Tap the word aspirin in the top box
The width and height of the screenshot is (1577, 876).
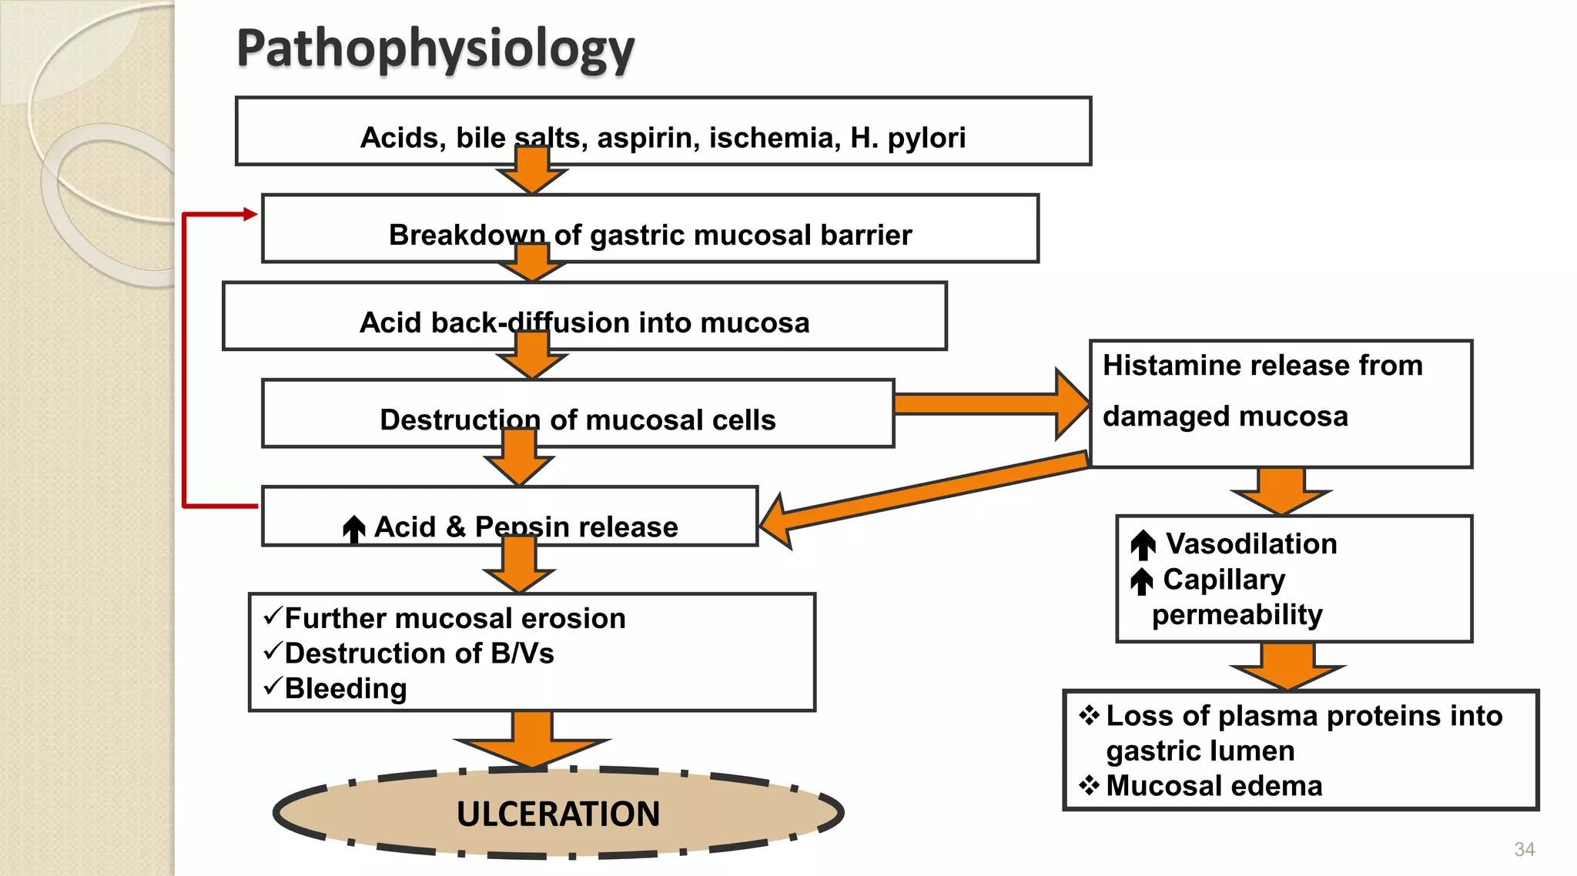tap(648, 138)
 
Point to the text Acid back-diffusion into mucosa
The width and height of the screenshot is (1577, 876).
tap(584, 323)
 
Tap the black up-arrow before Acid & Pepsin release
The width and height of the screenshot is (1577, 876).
tap(354, 529)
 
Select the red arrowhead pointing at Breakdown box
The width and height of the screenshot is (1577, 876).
tap(249, 214)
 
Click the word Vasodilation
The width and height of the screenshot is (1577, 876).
tap(1251, 544)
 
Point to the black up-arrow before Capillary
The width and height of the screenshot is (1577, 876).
tap(1142, 581)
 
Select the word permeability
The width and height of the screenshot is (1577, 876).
tap(1237, 615)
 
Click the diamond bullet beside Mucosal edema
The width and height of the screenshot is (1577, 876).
tap(1089, 785)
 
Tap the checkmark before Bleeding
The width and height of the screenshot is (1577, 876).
tap(273, 686)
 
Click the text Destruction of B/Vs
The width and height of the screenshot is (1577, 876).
tap(419, 654)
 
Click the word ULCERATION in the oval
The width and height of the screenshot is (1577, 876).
tap(557, 814)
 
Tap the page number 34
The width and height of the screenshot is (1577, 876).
tap(1524, 849)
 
